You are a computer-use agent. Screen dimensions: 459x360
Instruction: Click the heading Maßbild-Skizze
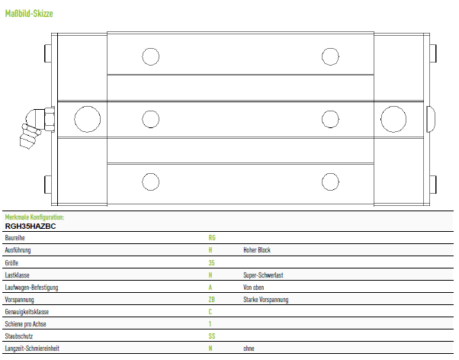(29, 14)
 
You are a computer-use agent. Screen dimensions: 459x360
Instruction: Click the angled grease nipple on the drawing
(37, 127)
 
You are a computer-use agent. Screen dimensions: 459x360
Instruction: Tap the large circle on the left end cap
(88, 119)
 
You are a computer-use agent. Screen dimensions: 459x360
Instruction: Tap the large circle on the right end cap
(393, 119)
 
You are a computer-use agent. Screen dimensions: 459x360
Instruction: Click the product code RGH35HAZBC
(30, 226)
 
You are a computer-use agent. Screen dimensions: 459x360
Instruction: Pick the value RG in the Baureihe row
(212, 238)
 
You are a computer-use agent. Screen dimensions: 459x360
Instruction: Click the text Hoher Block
(257, 250)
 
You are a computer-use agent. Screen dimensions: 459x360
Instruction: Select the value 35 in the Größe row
(212, 262)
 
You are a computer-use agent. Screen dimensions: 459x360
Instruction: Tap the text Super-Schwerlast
(263, 275)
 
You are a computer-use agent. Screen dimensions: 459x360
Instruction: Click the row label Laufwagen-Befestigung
(31, 288)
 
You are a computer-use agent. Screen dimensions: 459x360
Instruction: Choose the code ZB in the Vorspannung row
(212, 300)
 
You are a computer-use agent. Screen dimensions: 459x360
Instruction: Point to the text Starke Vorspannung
(266, 300)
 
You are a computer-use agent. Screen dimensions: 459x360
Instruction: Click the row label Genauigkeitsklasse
(27, 312)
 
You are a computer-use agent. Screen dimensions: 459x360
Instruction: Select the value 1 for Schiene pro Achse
(210, 324)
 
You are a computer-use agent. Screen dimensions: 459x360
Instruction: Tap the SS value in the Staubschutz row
(212, 336)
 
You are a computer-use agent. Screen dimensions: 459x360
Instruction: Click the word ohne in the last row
(249, 349)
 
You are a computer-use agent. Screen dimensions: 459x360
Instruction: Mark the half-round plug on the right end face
(431, 119)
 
